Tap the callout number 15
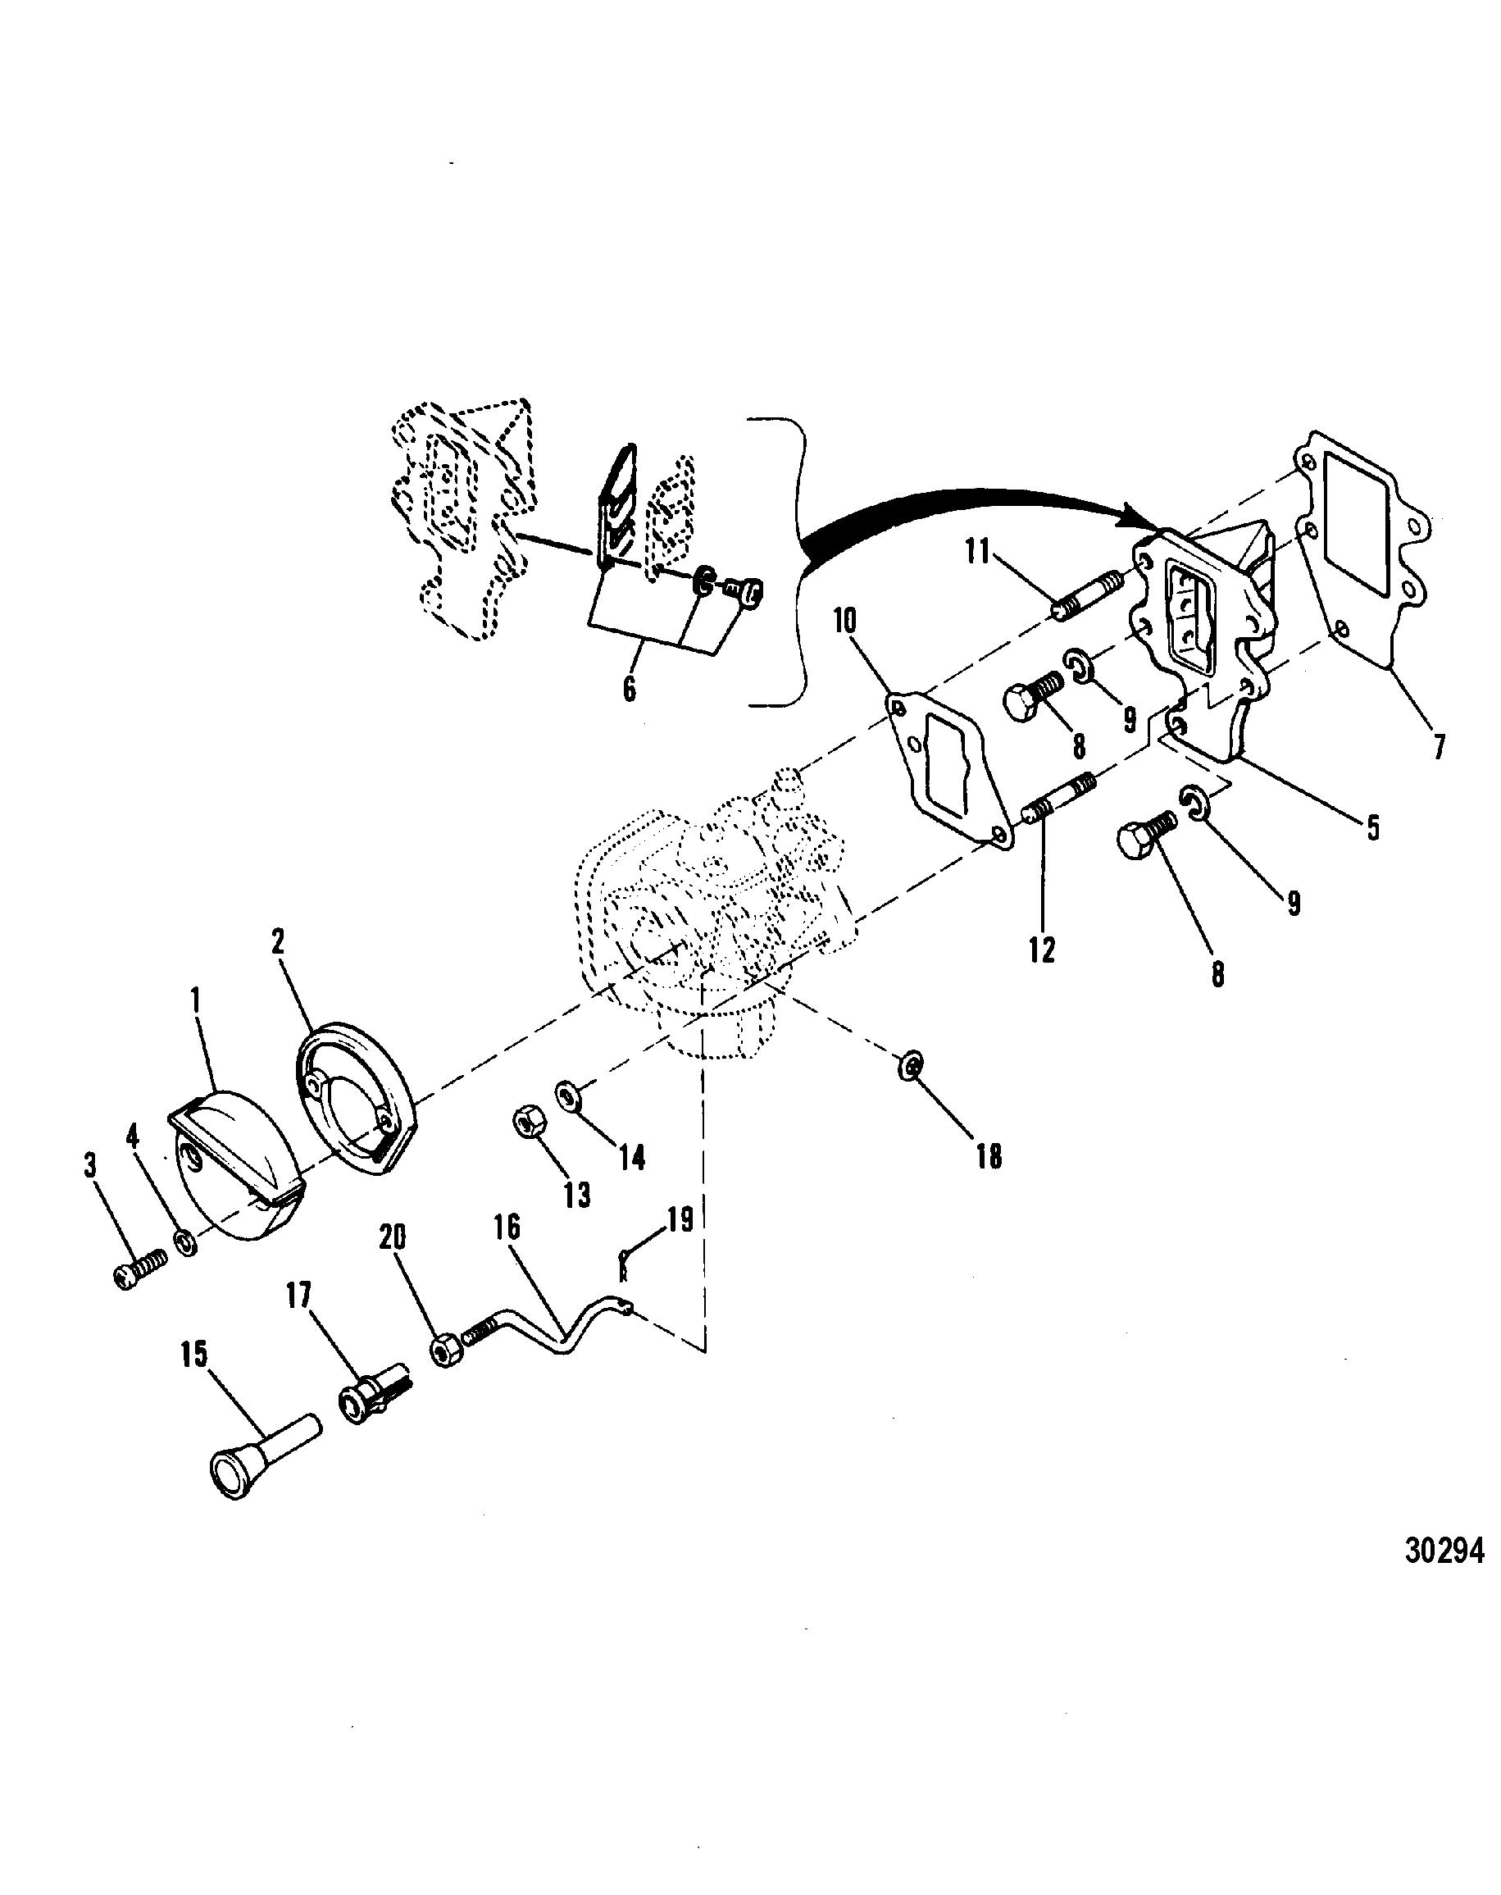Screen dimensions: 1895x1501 tap(194, 1355)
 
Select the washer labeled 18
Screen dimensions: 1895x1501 tap(911, 1065)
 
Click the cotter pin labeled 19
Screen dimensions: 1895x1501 tap(623, 1266)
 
